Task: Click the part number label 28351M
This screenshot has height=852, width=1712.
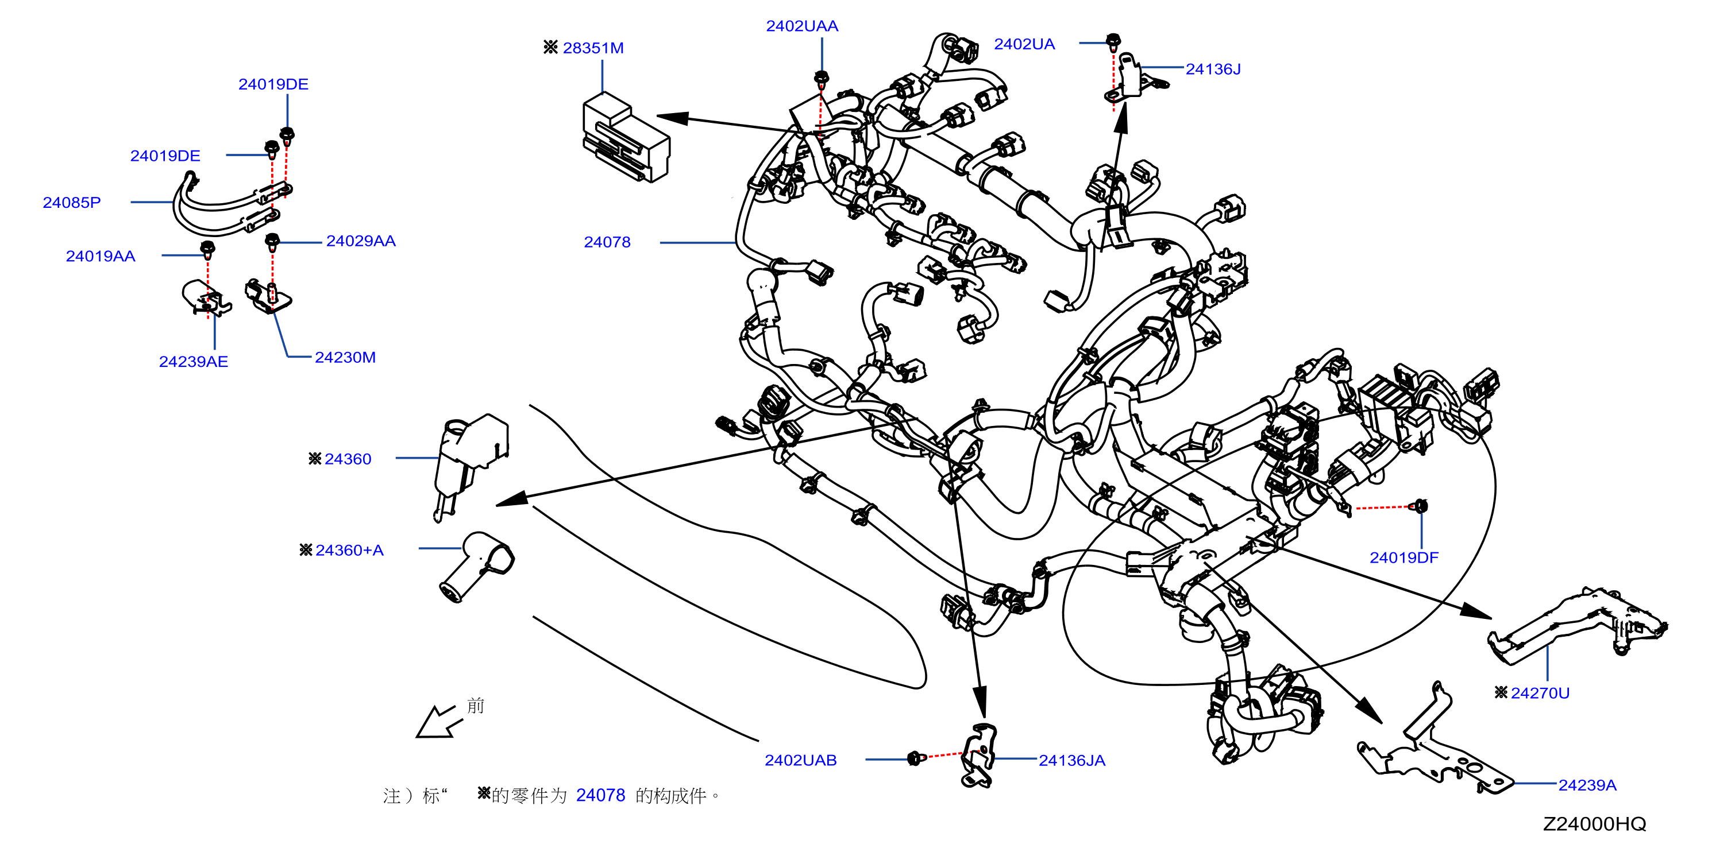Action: click(x=593, y=48)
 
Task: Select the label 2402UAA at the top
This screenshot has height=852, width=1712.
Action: click(x=801, y=26)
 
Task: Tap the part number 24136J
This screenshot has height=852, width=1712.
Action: click(x=1213, y=69)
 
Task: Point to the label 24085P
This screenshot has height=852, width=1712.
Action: click(x=72, y=203)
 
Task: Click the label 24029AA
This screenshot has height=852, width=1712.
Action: click(x=361, y=241)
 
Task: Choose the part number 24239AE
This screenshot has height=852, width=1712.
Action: click(x=194, y=361)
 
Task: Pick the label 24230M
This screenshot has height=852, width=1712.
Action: click(x=345, y=357)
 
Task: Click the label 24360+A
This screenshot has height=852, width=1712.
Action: click(x=349, y=551)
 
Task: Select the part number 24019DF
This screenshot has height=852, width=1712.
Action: click(x=1404, y=558)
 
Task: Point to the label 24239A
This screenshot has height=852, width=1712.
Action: click(x=1587, y=785)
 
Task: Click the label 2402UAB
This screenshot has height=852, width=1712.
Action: click(x=800, y=760)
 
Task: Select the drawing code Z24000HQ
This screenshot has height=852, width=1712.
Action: click(x=1594, y=824)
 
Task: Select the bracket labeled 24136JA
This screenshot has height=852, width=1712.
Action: click(x=980, y=756)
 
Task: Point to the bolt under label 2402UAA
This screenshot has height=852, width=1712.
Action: click(x=822, y=78)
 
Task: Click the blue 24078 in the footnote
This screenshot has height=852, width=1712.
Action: click(x=601, y=796)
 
